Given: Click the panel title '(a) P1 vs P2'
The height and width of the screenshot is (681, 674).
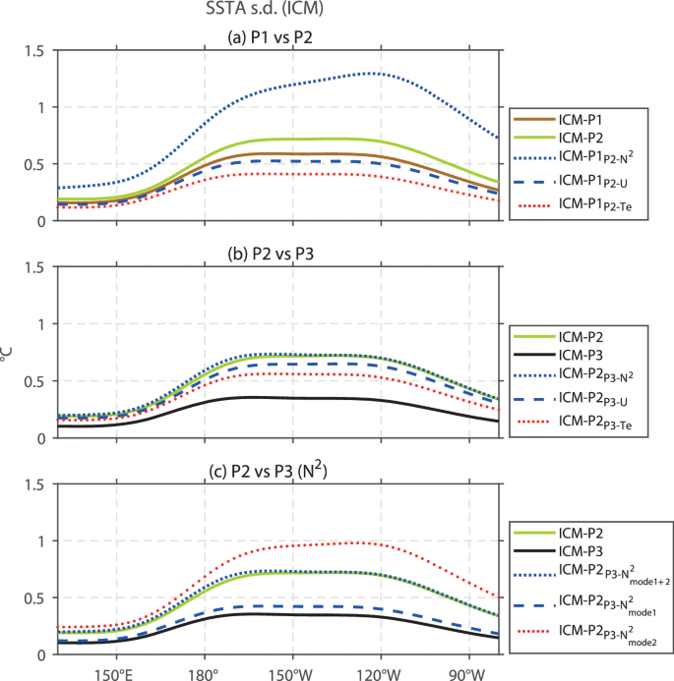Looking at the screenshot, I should (277, 38).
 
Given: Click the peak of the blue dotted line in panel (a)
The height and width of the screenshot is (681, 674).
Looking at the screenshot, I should (374, 73).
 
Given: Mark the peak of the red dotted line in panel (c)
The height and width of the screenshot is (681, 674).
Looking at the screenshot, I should (364, 542).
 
